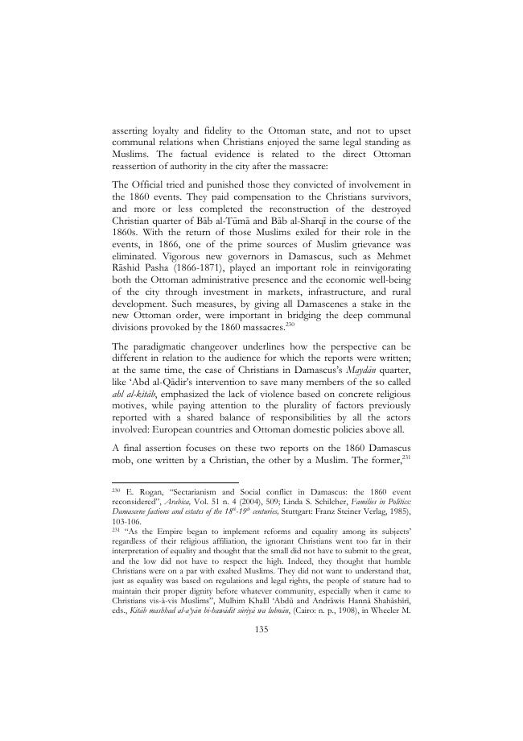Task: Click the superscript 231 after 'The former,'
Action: tap(406, 454)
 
